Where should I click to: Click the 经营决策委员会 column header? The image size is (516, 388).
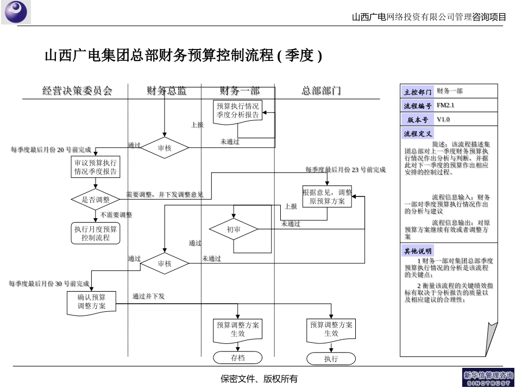click(77, 91)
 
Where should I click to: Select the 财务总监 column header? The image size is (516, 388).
click(166, 91)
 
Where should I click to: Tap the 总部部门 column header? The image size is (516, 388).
click(322, 91)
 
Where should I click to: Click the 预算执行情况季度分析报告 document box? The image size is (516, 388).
click(238, 111)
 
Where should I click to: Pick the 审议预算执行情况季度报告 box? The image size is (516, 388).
click(96, 167)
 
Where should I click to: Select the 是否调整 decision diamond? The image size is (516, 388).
click(96, 200)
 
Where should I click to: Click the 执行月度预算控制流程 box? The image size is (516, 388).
click(96, 233)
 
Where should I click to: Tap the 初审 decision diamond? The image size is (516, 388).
click(234, 230)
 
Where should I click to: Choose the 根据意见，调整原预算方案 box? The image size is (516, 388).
click(327, 196)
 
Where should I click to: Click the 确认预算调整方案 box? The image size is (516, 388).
click(92, 302)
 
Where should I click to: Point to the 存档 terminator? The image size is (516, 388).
click(238, 358)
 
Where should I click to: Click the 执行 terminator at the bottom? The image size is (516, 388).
click(331, 359)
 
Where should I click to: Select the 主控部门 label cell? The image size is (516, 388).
click(418, 92)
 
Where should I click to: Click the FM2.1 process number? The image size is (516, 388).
click(445, 106)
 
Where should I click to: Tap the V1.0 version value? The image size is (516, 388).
click(443, 120)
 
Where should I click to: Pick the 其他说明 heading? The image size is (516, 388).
click(418, 251)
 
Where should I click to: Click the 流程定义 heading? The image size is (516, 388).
click(418, 134)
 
